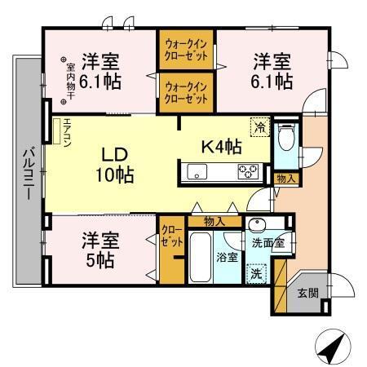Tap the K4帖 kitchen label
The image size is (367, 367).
coord(220,148)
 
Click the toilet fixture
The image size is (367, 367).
coord(285,140)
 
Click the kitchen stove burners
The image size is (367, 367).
coord(248,170)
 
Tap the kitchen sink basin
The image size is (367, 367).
coord(198,171)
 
